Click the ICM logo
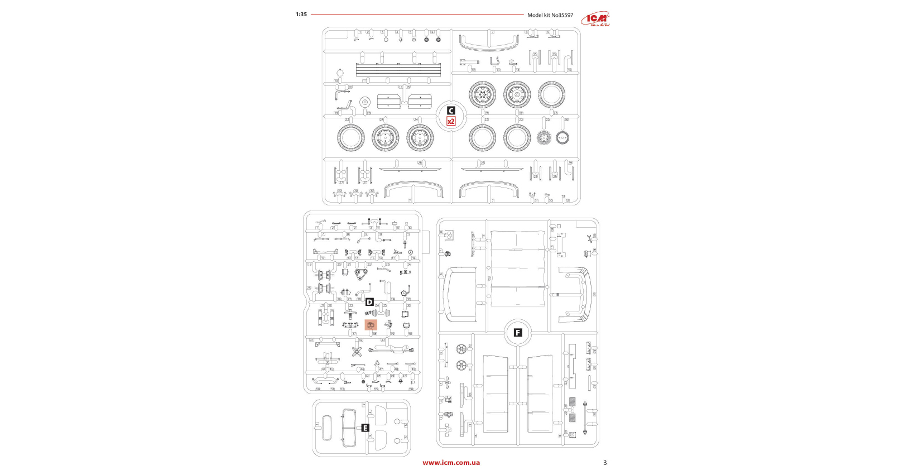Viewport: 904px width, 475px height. tap(595, 19)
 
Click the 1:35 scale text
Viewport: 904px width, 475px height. tap(301, 15)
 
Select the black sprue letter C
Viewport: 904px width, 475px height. tap(451, 111)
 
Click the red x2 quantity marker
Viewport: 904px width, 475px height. tap(451, 121)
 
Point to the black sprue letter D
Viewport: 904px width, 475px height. tap(369, 302)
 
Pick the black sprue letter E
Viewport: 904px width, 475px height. tap(365, 428)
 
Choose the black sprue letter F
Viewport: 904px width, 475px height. tap(518, 333)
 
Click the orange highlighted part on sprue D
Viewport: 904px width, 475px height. tap(371, 325)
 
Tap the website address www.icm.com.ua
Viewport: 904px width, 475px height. tap(451, 463)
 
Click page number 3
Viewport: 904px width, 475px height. tap(605, 463)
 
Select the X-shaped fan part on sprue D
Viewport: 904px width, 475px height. tap(357, 351)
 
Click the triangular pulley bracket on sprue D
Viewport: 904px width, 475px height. tap(360, 274)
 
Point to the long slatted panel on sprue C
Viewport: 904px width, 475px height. tap(398, 70)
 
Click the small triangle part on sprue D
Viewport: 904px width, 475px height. tap(377, 363)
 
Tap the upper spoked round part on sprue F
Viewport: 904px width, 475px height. tap(461, 349)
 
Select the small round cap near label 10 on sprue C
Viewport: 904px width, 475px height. tap(340, 73)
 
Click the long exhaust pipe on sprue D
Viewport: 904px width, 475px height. tap(393, 350)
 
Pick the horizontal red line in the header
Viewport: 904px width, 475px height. tap(417, 15)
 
